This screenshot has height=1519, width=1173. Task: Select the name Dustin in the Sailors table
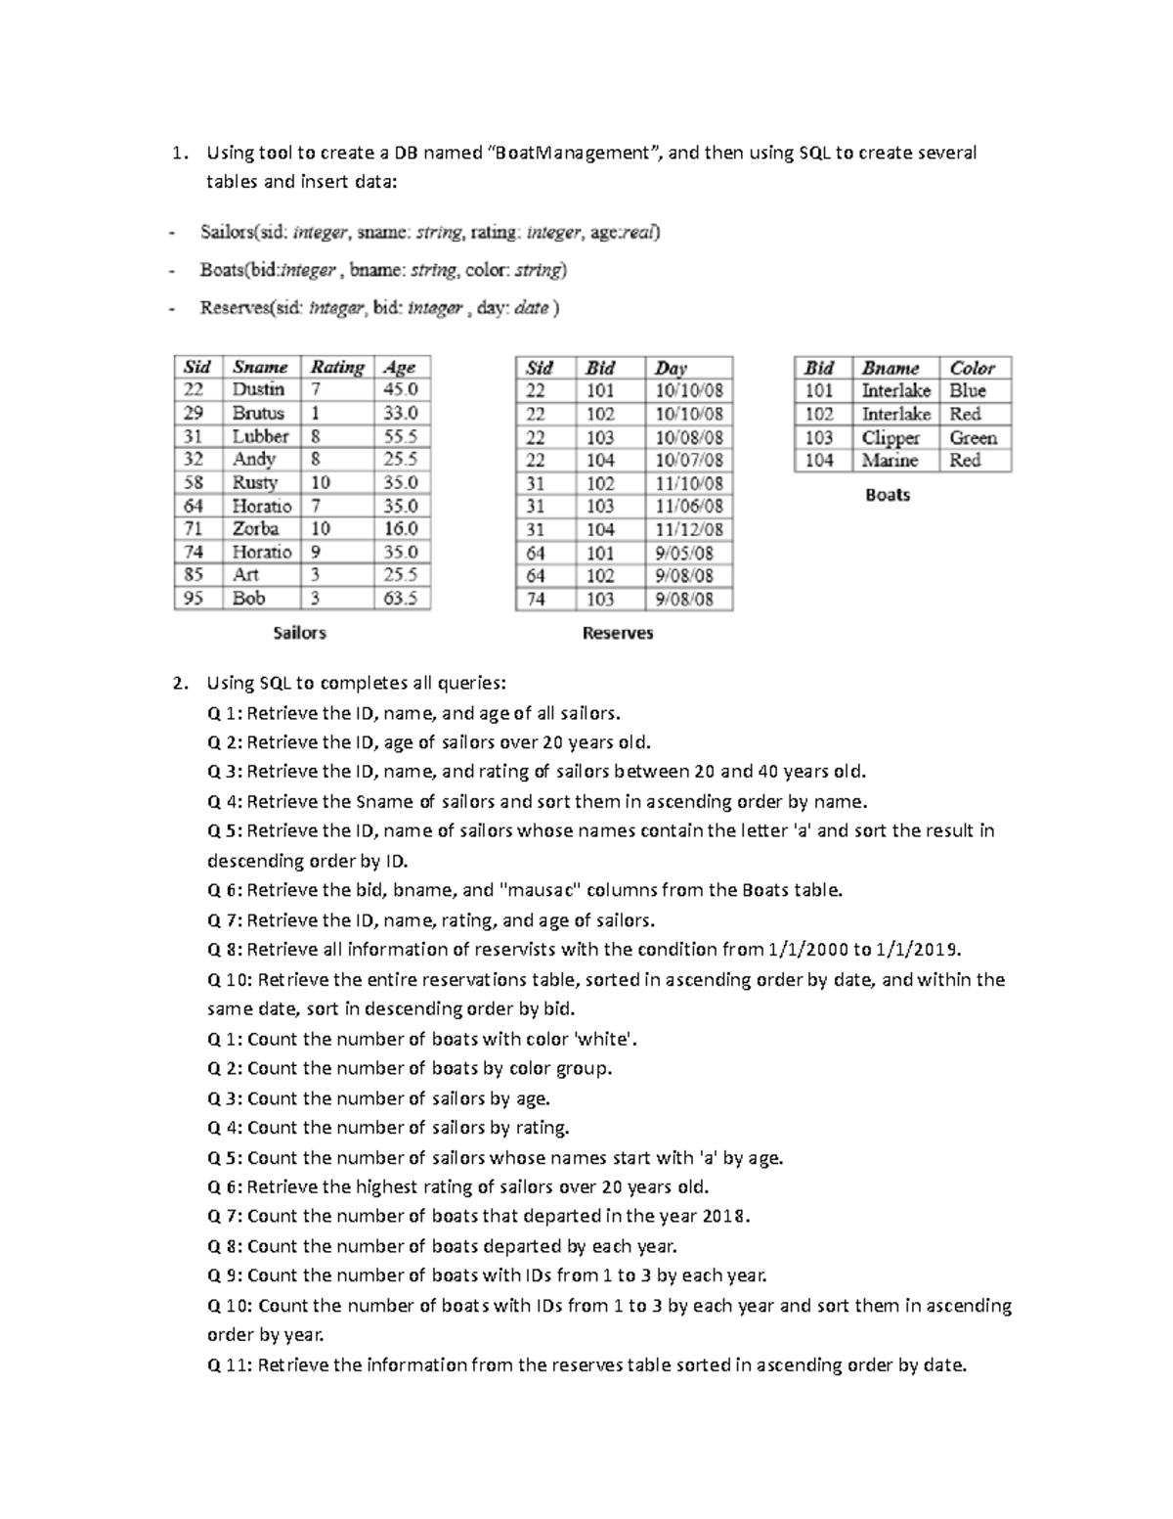click(x=258, y=389)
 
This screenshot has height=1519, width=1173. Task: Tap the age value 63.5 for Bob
click(x=400, y=599)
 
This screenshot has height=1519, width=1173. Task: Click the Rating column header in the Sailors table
click(x=336, y=367)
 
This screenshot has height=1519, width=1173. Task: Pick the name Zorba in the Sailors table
click(x=255, y=528)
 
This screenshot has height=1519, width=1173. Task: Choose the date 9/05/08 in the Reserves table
click(x=684, y=553)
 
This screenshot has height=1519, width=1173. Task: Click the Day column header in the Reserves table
click(x=671, y=368)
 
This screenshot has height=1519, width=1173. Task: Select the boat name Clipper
click(x=891, y=437)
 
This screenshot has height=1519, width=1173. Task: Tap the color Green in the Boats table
click(x=973, y=437)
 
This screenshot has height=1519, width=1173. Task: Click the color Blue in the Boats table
click(x=967, y=390)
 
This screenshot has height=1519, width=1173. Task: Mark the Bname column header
click(x=890, y=368)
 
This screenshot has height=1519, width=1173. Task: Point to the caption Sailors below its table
click(x=299, y=633)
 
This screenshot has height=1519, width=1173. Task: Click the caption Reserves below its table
click(x=617, y=633)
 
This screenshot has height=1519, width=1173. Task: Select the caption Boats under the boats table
click(x=887, y=495)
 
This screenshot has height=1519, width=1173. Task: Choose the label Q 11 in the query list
click(x=230, y=1364)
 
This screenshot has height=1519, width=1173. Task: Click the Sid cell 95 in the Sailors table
click(x=193, y=599)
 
